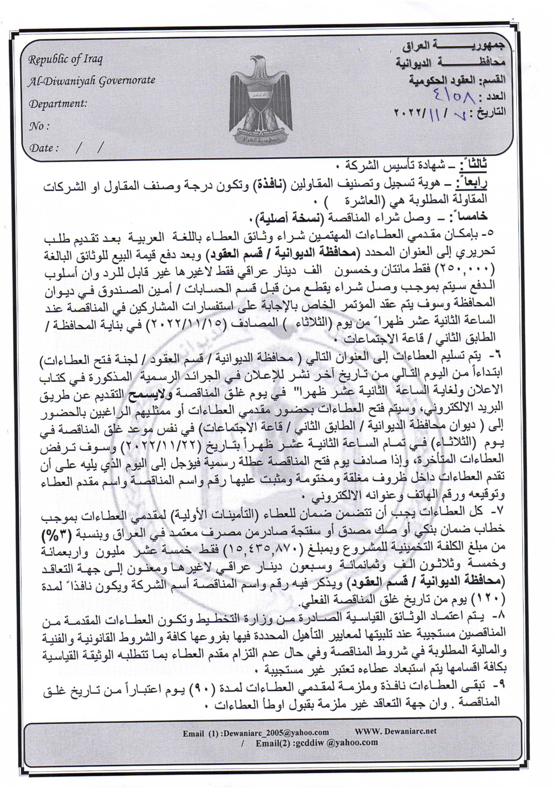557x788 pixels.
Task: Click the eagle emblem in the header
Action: pos(261,99)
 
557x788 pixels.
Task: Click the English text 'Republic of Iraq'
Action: pos(65,60)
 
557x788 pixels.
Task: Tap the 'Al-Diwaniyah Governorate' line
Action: pos(92,81)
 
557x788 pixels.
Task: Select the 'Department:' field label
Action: pos(58,103)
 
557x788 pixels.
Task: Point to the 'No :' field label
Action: pos(39,126)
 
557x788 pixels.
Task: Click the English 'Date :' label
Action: pos(44,148)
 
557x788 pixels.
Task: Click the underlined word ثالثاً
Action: pos(474,166)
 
